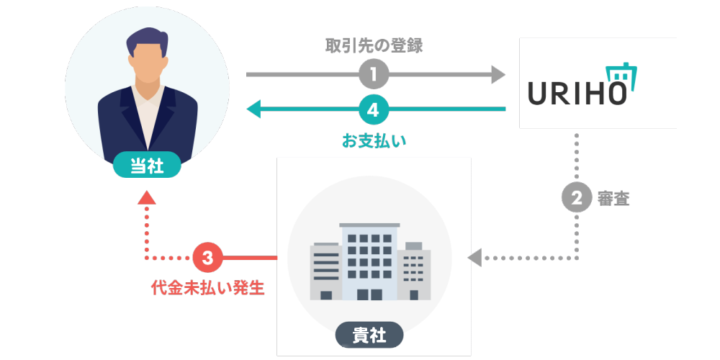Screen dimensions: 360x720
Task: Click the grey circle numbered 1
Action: tap(374, 73)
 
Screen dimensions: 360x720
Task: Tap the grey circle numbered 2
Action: tap(576, 199)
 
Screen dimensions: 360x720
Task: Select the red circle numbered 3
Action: tap(207, 257)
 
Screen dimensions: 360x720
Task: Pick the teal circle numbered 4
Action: tap(374, 109)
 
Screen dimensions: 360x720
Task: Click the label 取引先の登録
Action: tap(374, 47)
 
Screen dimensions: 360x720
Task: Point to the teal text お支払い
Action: tap(374, 139)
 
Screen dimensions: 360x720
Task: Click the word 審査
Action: tap(613, 199)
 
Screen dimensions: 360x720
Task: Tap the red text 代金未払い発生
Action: tap(207, 288)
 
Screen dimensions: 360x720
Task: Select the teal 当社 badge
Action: tap(146, 166)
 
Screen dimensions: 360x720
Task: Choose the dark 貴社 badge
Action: tap(369, 335)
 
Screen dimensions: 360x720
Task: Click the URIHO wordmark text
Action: tap(576, 94)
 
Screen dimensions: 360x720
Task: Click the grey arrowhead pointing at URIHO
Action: tap(499, 73)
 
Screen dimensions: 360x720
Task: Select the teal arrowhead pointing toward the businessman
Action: tap(253, 109)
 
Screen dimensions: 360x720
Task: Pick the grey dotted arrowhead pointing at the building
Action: tap(474, 257)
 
